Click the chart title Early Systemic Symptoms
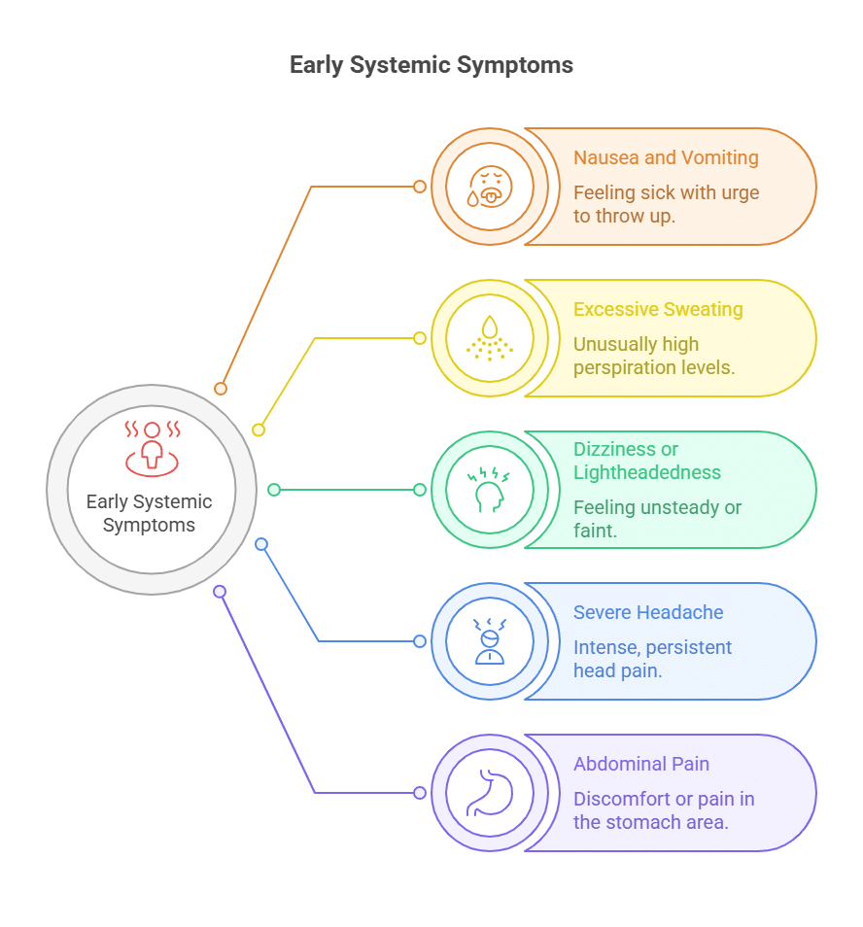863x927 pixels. [x=431, y=65]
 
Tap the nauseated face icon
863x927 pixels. [x=490, y=187]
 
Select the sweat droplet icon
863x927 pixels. [x=490, y=338]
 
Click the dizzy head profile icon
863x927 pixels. [x=490, y=490]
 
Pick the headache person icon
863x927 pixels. [x=490, y=641]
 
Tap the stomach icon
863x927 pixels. [x=490, y=793]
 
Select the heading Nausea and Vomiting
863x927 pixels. [x=666, y=157]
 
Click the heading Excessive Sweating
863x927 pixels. [x=658, y=309]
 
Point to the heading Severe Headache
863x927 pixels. [x=648, y=612]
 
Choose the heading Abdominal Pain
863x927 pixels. [x=641, y=764]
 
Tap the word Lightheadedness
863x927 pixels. [x=647, y=472]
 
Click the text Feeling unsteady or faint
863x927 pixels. [x=657, y=519]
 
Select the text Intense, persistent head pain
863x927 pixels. [x=652, y=659]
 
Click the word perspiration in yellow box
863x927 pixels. [x=624, y=367]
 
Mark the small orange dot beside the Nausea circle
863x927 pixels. [x=420, y=187]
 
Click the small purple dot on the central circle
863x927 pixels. [x=220, y=591]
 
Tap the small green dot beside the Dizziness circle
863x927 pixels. [x=420, y=490]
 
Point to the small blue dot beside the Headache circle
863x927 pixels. [x=420, y=641]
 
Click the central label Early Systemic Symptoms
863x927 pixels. [x=149, y=513]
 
